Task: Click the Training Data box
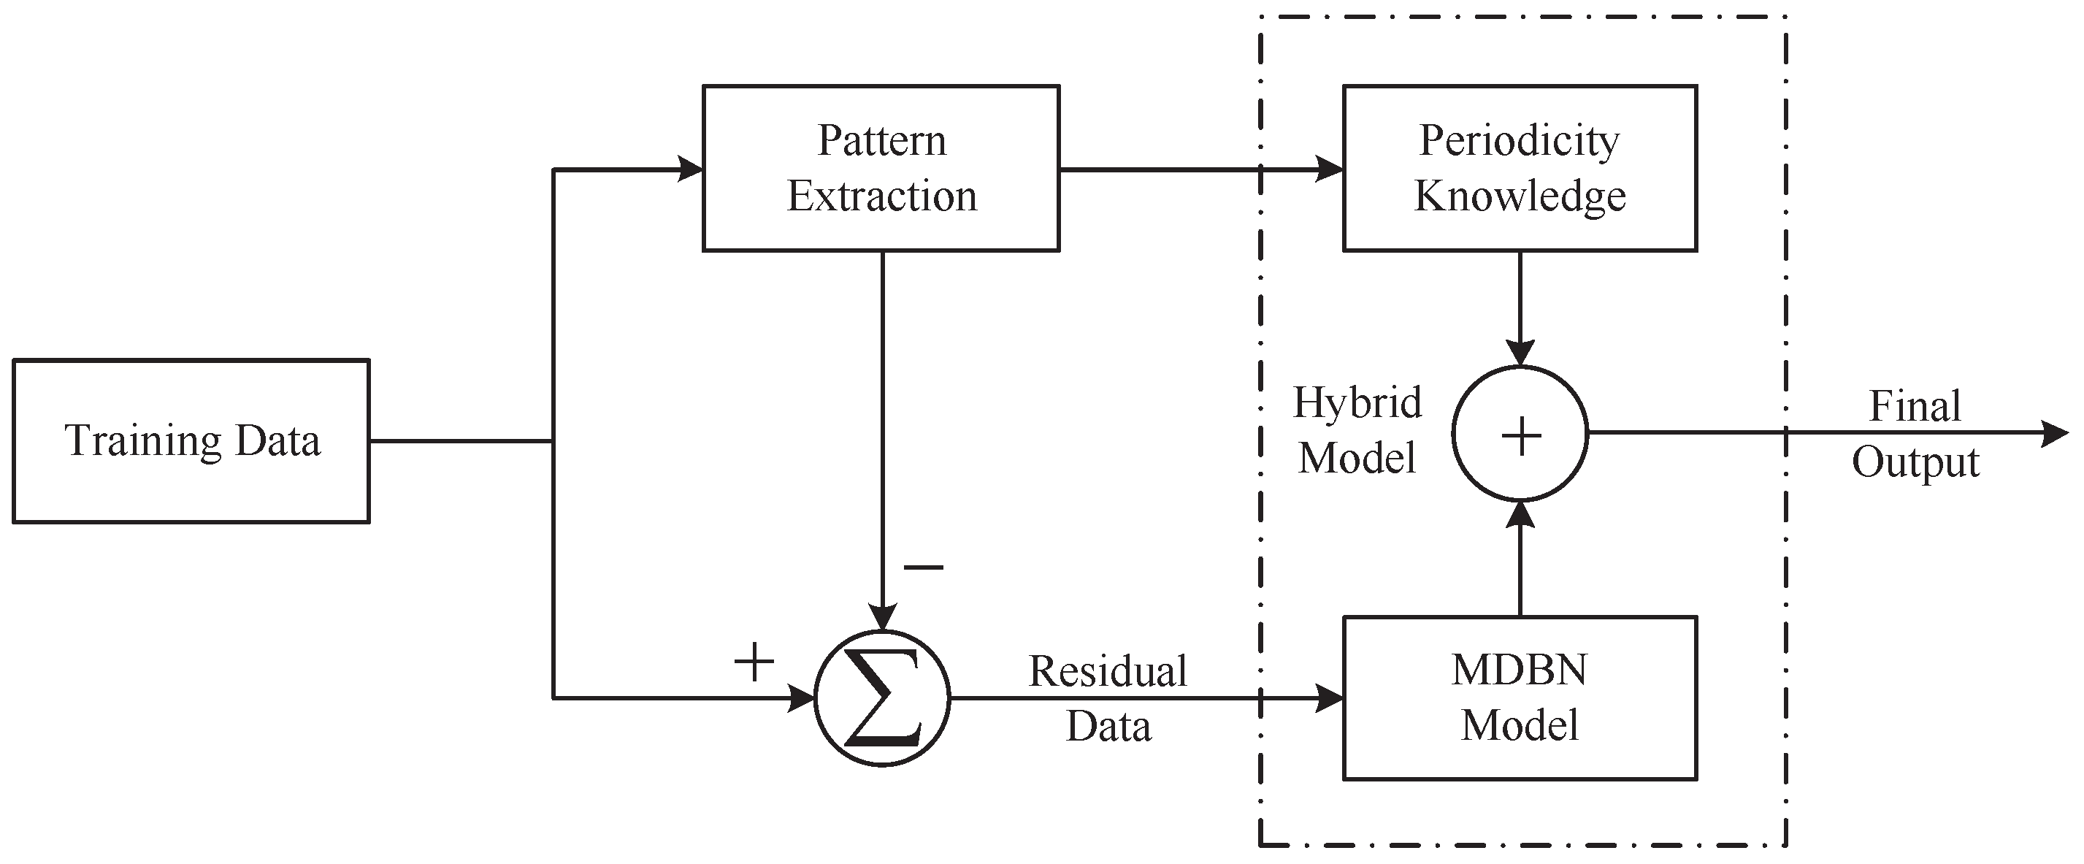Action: pyautogui.click(x=191, y=442)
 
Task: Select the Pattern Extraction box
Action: pyautogui.click(x=881, y=168)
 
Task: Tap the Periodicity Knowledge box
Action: pyautogui.click(x=1520, y=168)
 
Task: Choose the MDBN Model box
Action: pyautogui.click(x=1520, y=697)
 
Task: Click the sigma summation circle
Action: pyautogui.click(x=882, y=698)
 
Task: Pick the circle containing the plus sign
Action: pyautogui.click(x=1520, y=435)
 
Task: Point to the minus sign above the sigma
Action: pyautogui.click(x=923, y=567)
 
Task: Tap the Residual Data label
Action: pyautogui.click(x=1108, y=697)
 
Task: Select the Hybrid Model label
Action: pyautogui.click(x=1357, y=429)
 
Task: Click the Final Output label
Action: pyautogui.click(x=1915, y=434)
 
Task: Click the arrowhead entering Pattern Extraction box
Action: pyautogui.click(x=689, y=169)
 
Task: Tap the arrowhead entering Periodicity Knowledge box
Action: pyautogui.click(x=1329, y=169)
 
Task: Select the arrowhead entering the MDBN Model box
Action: pyautogui.click(x=1329, y=697)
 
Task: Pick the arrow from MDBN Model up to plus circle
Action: pyautogui.click(x=1520, y=558)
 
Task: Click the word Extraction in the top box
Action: pyautogui.click(x=882, y=196)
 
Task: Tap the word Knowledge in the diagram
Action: pyautogui.click(x=1520, y=196)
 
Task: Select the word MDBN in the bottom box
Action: pyautogui.click(x=1520, y=670)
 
